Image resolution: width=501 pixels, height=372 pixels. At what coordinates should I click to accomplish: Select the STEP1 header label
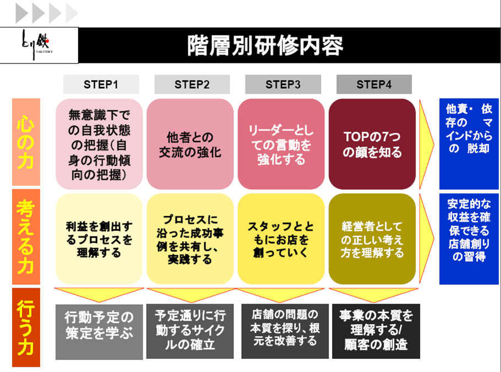point(101,84)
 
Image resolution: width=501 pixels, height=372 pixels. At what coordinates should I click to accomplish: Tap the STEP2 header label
point(192,84)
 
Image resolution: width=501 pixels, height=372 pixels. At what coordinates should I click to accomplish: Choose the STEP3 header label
point(282,84)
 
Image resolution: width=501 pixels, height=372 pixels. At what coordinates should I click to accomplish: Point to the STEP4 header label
point(374,84)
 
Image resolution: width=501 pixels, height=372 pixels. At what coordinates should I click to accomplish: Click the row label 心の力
point(26,142)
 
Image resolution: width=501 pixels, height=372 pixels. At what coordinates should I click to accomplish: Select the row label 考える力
point(26,238)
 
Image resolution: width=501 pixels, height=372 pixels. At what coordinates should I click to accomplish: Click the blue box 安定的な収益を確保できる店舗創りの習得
point(469,238)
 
